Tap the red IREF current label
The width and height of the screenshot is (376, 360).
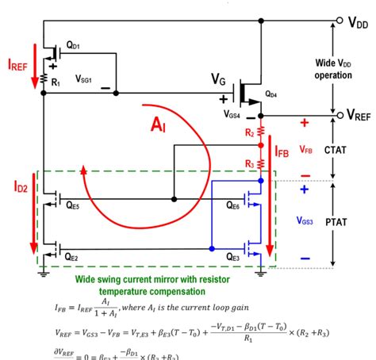point(17,62)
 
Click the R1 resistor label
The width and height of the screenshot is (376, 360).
point(56,82)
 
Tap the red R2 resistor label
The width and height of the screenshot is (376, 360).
point(249,132)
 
